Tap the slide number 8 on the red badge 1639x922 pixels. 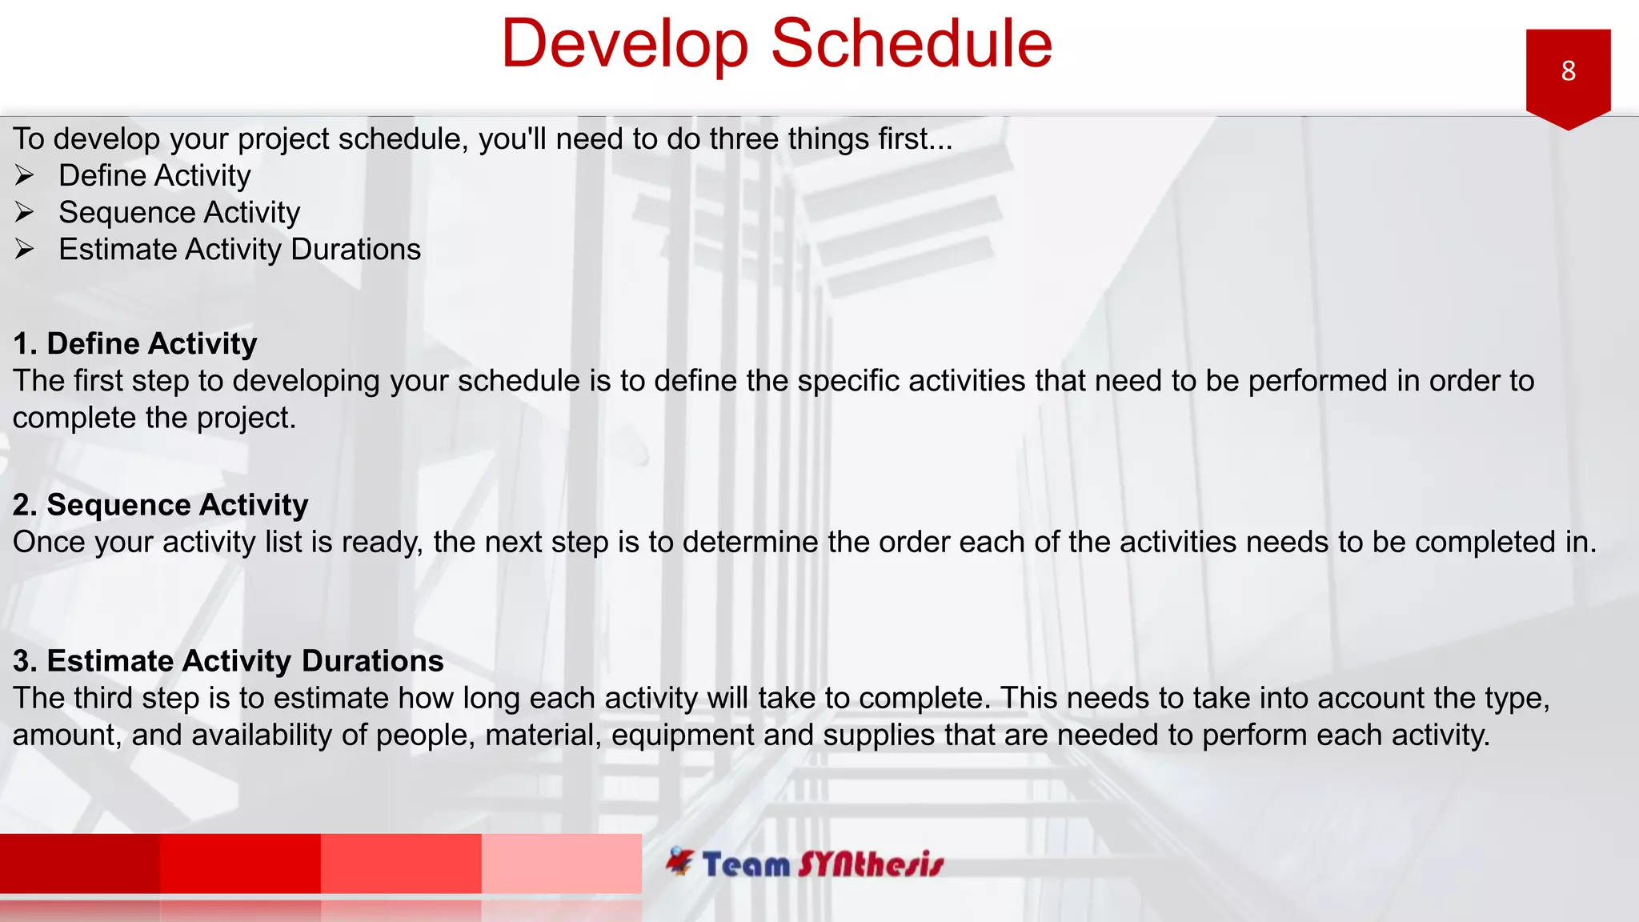[1568, 71]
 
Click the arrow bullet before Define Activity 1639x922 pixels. [25, 175]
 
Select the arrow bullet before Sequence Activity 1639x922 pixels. [25, 212]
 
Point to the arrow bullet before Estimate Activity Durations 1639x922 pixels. [25, 249]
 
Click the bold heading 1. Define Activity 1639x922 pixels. [134, 343]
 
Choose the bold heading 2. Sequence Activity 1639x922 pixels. [160, 505]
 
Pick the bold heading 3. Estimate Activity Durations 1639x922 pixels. [228, 661]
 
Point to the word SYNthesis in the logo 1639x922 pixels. [871, 864]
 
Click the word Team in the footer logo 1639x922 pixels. [746, 865]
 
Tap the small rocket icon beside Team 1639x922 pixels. [679, 861]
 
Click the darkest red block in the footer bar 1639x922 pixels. [80, 863]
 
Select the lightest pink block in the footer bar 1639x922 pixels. [561, 863]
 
